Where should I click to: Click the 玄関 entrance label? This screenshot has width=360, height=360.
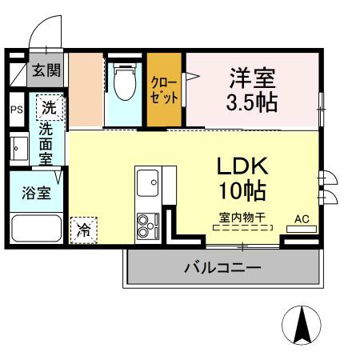(x=46, y=71)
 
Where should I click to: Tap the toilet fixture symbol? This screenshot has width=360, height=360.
(x=126, y=85)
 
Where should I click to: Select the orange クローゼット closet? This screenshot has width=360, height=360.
(x=166, y=90)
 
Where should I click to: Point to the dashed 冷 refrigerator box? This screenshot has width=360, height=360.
(x=83, y=230)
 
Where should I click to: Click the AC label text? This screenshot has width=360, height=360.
(x=302, y=218)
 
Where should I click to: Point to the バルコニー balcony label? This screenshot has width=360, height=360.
(x=222, y=267)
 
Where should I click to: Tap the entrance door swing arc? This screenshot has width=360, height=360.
(x=42, y=30)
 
